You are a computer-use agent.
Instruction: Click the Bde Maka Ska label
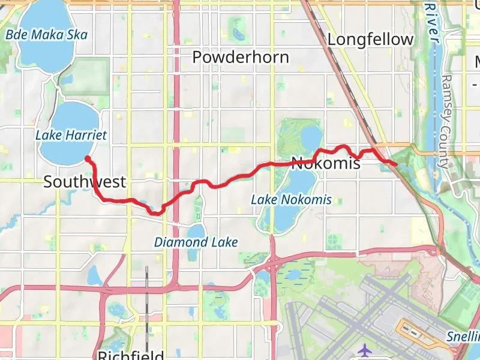point(46,35)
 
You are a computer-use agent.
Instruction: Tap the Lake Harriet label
point(71,135)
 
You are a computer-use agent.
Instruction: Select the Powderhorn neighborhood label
point(241,57)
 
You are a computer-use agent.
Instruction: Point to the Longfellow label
point(371,40)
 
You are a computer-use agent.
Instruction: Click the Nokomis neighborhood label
point(325,163)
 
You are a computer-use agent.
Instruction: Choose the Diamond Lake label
point(196,242)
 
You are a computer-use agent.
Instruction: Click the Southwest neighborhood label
point(85,182)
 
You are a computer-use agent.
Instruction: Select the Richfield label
point(131,355)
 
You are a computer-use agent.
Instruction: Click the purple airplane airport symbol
point(364,349)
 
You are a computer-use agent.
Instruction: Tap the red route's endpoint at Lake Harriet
point(88,158)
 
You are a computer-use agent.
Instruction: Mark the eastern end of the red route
point(395,164)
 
